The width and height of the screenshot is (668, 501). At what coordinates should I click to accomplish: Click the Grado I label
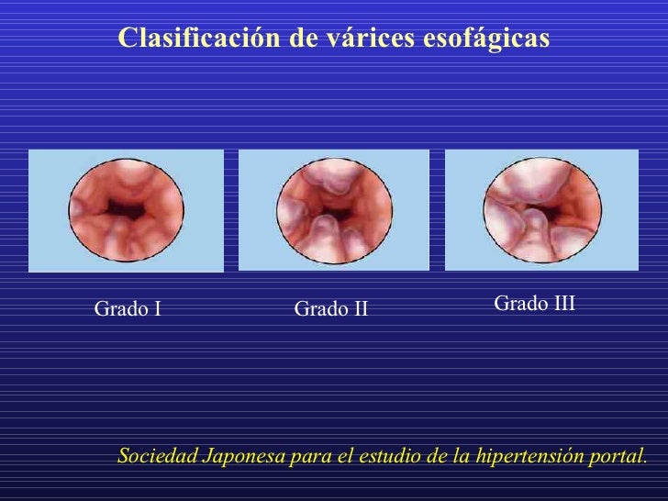tap(128, 309)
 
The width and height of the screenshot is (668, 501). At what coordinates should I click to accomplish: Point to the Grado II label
tap(330, 310)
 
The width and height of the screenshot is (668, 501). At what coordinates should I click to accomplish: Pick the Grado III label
tap(534, 303)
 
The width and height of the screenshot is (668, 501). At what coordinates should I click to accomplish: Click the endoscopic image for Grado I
tap(126, 209)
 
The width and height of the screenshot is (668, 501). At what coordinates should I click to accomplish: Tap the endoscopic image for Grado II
tap(334, 209)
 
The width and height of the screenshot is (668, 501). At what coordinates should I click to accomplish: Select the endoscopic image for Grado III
tap(541, 209)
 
